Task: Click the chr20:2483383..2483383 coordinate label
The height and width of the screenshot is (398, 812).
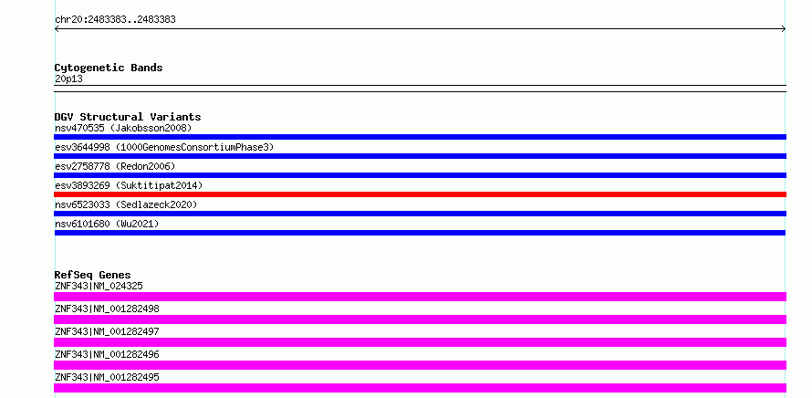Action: coord(115,20)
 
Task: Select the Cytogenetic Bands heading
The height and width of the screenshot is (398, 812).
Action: coord(109,68)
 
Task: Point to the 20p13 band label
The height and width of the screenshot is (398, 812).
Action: coord(68,79)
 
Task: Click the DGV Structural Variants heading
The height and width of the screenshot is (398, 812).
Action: coord(128,117)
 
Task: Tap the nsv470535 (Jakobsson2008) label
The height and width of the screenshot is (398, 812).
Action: coord(123,128)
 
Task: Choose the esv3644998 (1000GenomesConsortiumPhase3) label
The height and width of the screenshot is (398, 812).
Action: coord(164,147)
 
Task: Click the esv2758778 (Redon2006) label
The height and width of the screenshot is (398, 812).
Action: coord(115,166)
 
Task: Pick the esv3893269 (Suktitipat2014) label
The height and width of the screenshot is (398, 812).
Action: coord(129,185)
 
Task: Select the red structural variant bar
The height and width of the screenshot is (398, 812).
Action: coord(420,194)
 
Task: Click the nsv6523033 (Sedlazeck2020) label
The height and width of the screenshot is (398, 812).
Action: coord(126,204)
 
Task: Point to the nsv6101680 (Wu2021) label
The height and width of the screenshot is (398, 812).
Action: coord(107,224)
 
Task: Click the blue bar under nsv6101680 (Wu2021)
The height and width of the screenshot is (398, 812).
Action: coord(420,233)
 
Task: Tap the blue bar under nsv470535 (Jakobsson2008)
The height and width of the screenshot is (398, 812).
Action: coord(420,137)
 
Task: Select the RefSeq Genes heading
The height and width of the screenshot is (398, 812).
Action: coord(93,275)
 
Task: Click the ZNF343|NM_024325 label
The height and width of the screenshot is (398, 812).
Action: coord(99,286)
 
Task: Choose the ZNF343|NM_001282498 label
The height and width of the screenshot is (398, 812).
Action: coord(107,309)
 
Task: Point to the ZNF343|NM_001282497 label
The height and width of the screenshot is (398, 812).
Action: coord(107,331)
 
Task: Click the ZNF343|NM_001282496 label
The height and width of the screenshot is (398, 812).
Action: coord(107,354)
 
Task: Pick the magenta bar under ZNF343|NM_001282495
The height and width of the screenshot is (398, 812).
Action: coord(420,388)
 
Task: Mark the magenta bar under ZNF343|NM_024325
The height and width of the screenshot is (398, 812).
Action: coord(420,297)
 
